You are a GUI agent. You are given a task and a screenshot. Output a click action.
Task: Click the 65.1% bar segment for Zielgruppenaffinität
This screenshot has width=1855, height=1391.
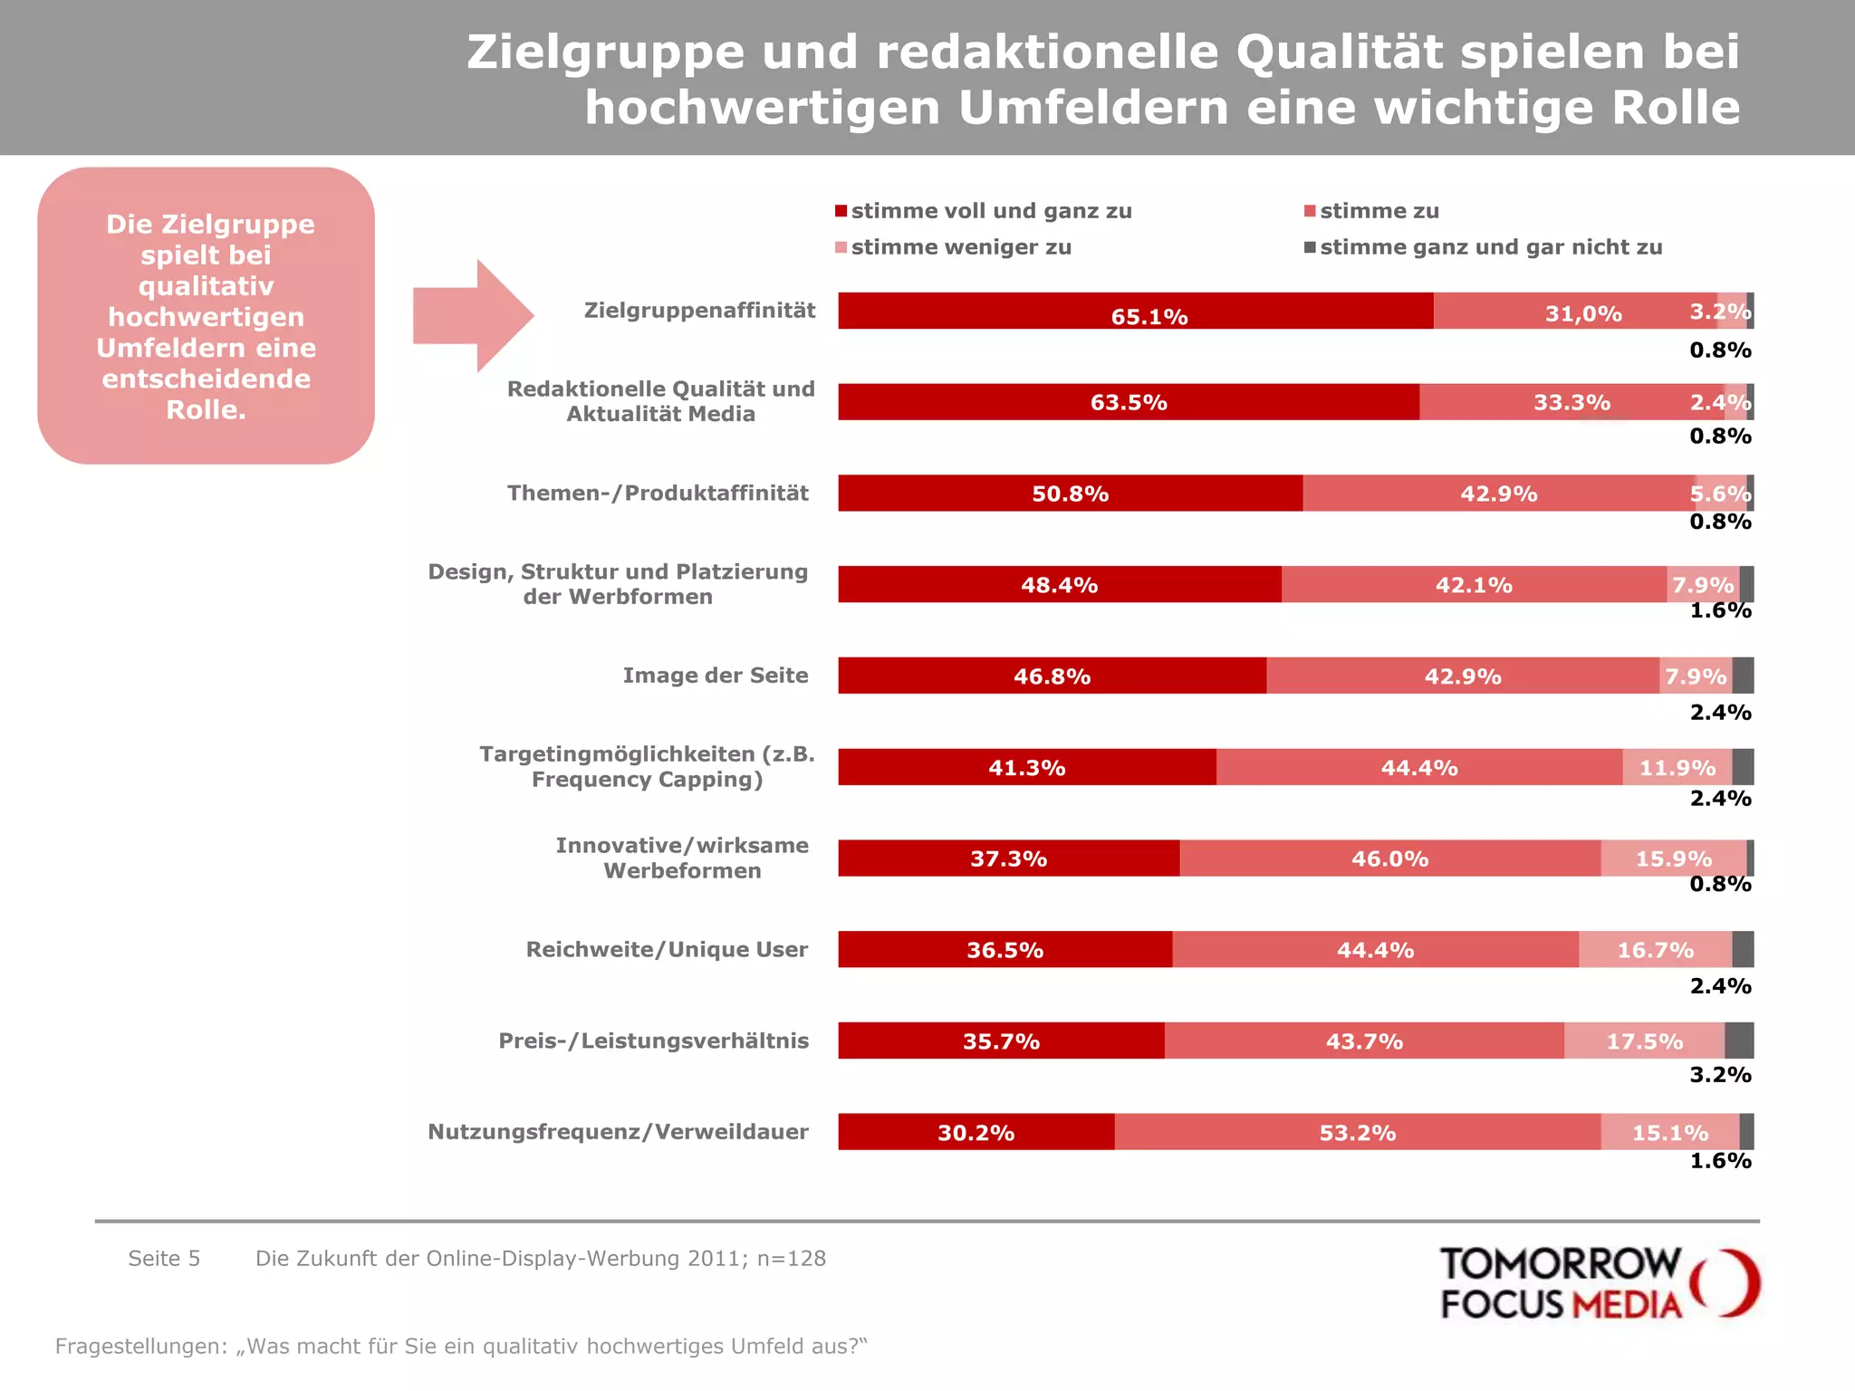[1136, 311]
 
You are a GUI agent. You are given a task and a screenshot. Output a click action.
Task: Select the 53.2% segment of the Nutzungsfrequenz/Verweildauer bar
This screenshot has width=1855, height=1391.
[1357, 1132]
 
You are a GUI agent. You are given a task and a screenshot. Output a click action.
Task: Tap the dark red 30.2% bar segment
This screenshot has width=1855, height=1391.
[976, 1132]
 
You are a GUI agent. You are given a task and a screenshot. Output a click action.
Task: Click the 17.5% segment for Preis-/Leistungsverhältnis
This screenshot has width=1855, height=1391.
[1644, 1041]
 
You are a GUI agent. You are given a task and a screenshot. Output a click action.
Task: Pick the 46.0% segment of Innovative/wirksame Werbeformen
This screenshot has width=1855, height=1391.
[1389, 858]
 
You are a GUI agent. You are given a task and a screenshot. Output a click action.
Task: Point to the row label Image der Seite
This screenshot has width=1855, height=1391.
[715, 676]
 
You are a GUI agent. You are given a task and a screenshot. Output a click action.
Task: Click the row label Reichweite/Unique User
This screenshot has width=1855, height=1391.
[667, 949]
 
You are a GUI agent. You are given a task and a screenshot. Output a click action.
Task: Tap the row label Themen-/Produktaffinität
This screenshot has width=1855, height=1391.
[658, 493]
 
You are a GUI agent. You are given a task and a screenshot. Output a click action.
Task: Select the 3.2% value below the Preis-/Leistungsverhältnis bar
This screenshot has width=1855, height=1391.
[1720, 1075]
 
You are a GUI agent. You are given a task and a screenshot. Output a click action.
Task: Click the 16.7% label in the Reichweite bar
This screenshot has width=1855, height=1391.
[1655, 950]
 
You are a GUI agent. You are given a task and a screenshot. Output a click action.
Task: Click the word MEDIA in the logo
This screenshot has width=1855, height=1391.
[1627, 1305]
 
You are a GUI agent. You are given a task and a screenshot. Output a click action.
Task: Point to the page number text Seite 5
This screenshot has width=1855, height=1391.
[164, 1258]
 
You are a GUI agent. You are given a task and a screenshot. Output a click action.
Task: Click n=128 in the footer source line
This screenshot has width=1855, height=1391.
[793, 1258]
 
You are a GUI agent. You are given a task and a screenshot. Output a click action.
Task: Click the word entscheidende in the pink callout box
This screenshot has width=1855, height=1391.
[206, 379]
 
